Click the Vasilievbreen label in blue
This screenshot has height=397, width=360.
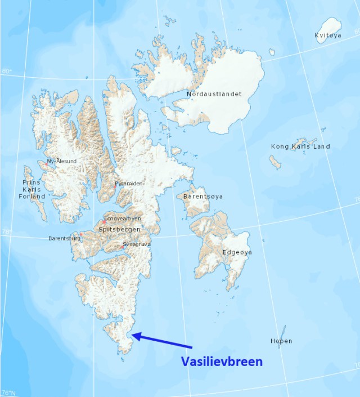tap(221, 362)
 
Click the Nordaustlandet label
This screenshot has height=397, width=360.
tap(213, 93)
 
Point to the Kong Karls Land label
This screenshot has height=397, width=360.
tap(300, 146)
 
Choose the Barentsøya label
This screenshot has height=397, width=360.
tap(203, 196)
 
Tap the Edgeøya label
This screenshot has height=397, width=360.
tap(237, 252)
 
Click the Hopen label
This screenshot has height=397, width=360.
tap(281, 341)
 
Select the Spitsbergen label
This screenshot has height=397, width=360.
tap(119, 229)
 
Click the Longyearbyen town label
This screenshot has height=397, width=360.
tap(123, 218)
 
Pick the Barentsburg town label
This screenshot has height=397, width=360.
tap(64, 238)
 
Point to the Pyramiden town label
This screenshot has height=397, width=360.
tap(129, 184)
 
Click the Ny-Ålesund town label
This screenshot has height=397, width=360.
tap(62, 161)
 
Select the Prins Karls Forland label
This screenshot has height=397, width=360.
tap(33, 189)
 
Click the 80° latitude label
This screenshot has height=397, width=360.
tap(7, 72)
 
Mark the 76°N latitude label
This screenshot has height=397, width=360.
tap(8, 392)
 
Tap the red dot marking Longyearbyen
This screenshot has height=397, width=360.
tap(104, 222)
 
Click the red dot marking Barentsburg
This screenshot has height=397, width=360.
tap(81, 234)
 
